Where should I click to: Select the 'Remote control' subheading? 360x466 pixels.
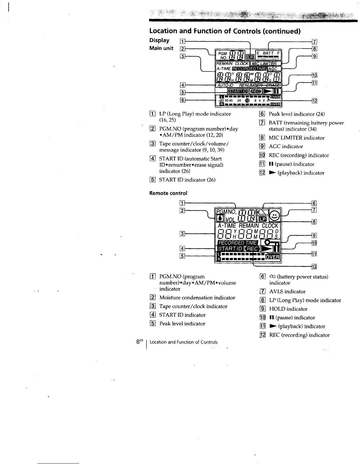tap(168, 193)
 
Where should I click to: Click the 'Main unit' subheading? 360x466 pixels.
tap(161, 48)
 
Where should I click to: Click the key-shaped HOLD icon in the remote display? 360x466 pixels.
tap(272, 243)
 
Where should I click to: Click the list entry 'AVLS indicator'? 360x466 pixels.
tap(287, 292)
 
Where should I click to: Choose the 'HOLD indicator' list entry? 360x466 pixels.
tap(288, 309)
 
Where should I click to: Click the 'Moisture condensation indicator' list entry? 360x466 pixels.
tap(197, 298)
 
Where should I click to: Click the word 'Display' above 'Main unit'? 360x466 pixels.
tap(159, 40)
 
